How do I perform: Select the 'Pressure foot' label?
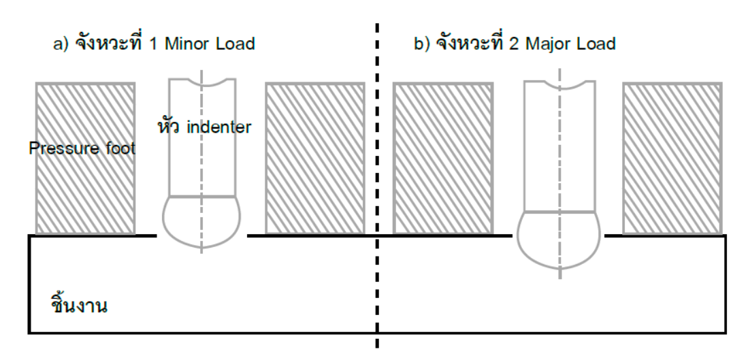[x=82, y=148]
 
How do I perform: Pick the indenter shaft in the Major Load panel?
[x=559, y=150]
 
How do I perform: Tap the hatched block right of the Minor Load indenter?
[x=314, y=158]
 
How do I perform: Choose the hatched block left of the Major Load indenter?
[x=443, y=158]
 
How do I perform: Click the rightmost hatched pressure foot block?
[x=672, y=158]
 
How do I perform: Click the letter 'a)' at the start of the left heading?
[x=61, y=45]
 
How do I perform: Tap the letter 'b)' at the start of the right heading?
[x=422, y=45]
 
